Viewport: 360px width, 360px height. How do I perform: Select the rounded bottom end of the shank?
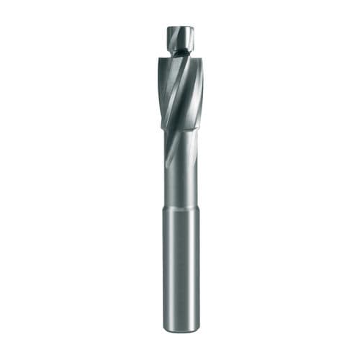click(181, 331)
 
